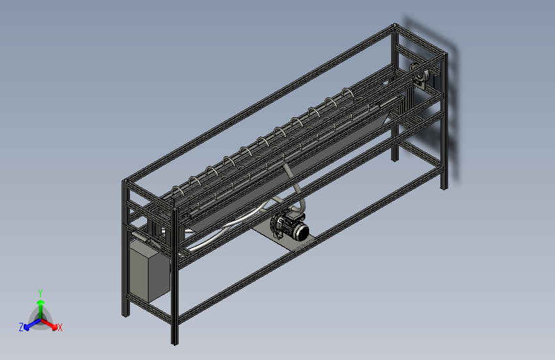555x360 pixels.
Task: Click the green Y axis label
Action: point(40,293)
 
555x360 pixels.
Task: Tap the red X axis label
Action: point(60,327)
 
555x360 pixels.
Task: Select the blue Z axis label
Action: point(21,327)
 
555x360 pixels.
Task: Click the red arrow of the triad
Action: point(49,324)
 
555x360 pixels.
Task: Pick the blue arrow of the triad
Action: point(33,324)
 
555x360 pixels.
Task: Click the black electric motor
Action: point(289,225)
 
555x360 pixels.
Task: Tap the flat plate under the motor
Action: point(283,238)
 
